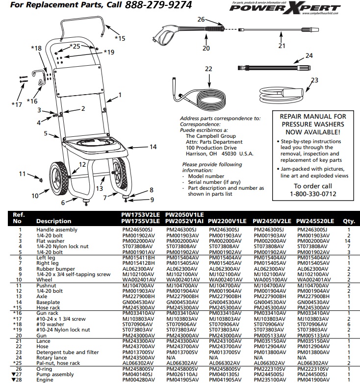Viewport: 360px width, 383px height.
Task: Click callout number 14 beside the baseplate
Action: [153, 147]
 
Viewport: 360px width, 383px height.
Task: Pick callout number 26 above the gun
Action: [201, 19]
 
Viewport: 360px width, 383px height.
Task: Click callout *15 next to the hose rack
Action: [120, 38]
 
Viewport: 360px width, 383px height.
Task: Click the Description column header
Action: [53, 221]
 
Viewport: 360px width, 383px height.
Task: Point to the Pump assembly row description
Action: [55, 374]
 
